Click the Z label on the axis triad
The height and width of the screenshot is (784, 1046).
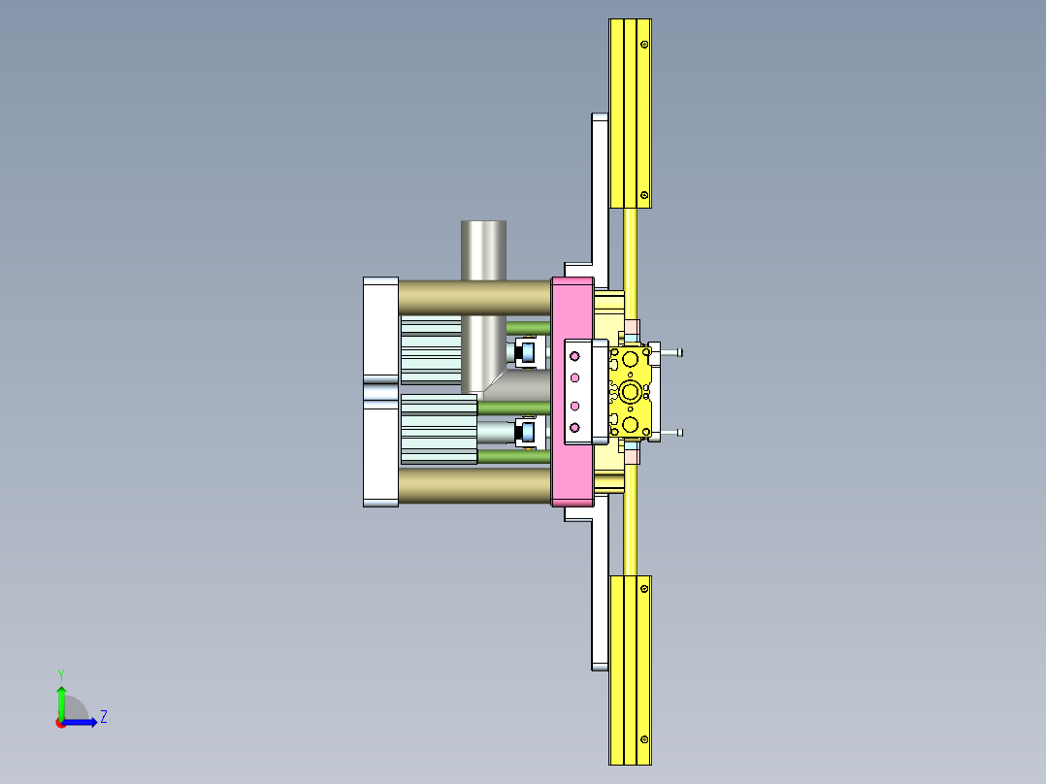pyautogui.click(x=103, y=717)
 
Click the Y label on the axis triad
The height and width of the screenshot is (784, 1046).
pyautogui.click(x=60, y=673)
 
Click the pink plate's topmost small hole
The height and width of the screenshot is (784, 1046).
pyautogui.click(x=573, y=356)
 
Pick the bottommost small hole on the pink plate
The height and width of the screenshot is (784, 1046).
pyautogui.click(x=573, y=427)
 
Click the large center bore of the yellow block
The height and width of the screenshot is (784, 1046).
pyautogui.click(x=632, y=392)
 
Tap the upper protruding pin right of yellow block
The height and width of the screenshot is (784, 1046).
pyautogui.click(x=672, y=352)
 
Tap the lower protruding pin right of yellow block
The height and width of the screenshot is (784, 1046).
pyautogui.click(x=672, y=433)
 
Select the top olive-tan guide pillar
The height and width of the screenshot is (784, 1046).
pyautogui.click(x=474, y=297)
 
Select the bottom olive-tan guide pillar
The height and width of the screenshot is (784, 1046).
pyautogui.click(x=474, y=485)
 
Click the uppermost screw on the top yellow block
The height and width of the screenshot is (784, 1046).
pyautogui.click(x=643, y=44)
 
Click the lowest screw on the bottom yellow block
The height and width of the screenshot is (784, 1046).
pyautogui.click(x=643, y=740)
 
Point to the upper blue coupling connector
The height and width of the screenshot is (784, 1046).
pyautogui.click(x=528, y=351)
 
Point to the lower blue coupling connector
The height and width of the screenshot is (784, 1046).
pyautogui.click(x=528, y=432)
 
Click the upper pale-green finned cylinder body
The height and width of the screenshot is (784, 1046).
pyautogui.click(x=431, y=348)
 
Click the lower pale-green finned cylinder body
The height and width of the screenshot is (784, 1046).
pyautogui.click(x=439, y=428)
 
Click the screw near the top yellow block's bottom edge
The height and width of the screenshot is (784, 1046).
pyautogui.click(x=643, y=195)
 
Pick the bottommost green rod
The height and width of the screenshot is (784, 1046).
pyautogui.click(x=514, y=456)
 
